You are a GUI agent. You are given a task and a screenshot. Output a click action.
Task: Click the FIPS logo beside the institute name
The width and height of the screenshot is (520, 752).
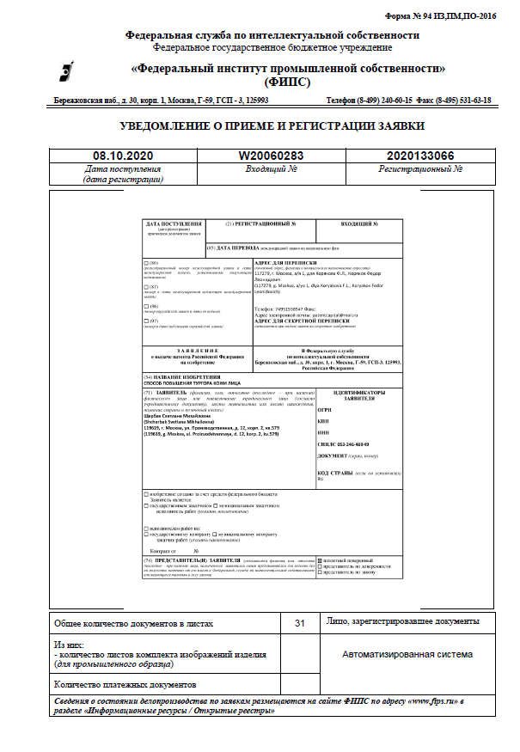(75, 70)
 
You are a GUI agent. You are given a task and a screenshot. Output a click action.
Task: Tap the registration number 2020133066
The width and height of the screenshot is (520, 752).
(420, 156)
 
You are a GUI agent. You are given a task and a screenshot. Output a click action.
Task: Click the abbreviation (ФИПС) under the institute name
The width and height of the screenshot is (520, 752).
(287, 83)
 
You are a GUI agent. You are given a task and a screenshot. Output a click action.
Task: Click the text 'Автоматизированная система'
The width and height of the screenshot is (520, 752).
(407, 654)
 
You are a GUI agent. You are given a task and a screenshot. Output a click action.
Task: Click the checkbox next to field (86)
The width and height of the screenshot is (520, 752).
(145, 261)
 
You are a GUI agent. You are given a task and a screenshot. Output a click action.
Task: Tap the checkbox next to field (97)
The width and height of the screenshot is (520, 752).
(145, 321)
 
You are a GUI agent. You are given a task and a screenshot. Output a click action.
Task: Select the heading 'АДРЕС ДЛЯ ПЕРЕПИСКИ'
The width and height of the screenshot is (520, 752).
(286, 261)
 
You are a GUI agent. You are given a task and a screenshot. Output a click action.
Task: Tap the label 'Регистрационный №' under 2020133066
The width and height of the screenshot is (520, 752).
(420, 170)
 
